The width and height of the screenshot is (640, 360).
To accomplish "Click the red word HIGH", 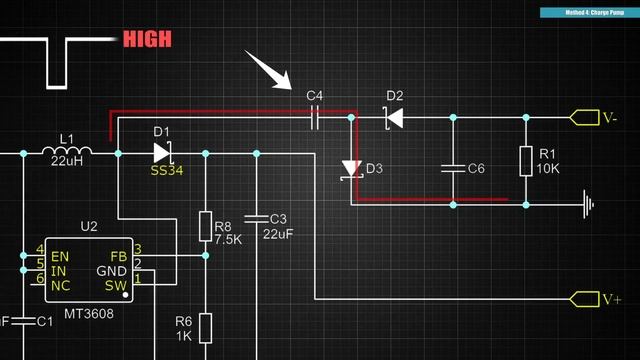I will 146,40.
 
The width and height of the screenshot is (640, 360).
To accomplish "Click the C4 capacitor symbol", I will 315,117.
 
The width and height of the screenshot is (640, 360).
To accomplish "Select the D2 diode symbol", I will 394,118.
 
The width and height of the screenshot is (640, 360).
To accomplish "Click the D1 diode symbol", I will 163,153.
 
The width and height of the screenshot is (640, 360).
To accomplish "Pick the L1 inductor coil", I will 67,153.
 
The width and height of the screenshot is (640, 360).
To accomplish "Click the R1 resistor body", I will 526,161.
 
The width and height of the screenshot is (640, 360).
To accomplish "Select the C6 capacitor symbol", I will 453,168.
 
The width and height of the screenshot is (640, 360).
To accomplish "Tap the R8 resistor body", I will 205,226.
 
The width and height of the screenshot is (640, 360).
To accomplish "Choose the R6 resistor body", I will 205,327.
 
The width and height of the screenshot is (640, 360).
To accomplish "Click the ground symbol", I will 589,204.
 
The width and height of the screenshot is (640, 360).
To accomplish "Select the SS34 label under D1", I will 167,171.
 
